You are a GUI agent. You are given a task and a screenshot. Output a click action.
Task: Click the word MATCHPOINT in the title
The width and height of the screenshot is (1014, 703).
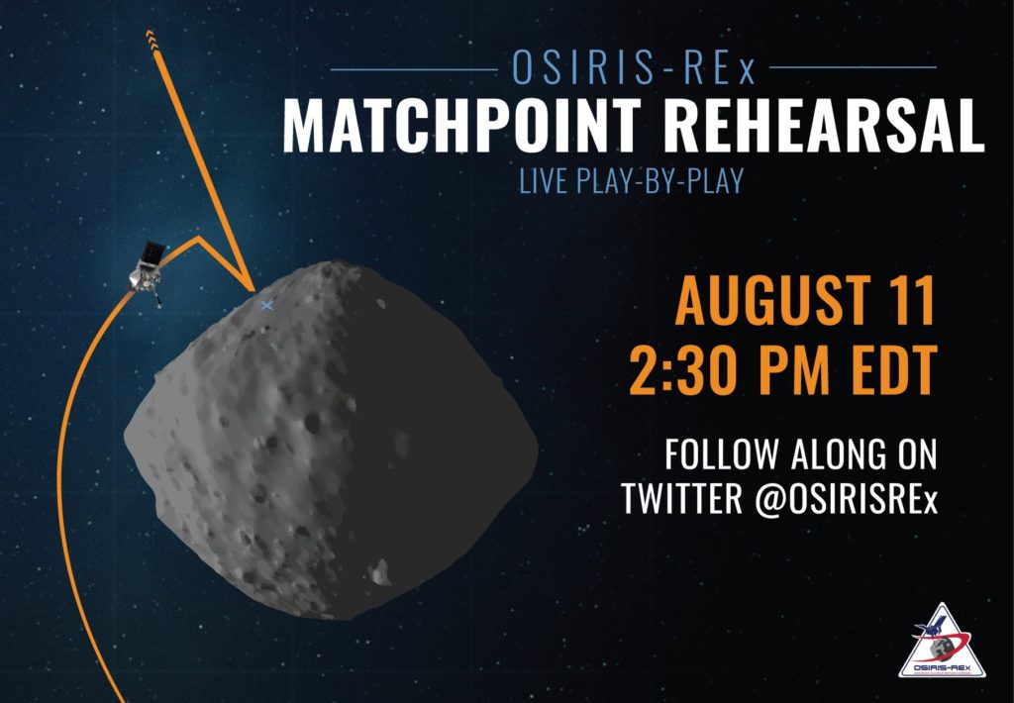pyautogui.click(x=461, y=126)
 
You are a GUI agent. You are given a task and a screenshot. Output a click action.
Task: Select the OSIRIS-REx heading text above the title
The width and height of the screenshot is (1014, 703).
pyautogui.click(x=634, y=67)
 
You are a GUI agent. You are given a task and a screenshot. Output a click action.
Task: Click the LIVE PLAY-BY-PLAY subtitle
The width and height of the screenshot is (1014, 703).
pyautogui.click(x=632, y=181)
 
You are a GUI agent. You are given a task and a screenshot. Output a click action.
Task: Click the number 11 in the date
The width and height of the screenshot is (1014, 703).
pyautogui.click(x=914, y=301)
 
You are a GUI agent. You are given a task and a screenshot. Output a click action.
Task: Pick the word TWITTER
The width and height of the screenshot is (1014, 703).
pyautogui.click(x=682, y=499)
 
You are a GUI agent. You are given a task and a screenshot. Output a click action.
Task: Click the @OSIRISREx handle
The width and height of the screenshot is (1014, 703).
pyautogui.click(x=846, y=499)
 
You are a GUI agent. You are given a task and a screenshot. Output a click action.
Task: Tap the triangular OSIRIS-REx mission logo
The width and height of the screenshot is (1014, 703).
pyautogui.click(x=943, y=642)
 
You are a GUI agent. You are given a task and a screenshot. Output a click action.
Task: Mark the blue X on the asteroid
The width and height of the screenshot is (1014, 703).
pyautogui.click(x=266, y=305)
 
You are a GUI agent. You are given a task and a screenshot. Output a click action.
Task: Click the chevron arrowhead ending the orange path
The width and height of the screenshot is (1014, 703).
pyautogui.click(x=151, y=39)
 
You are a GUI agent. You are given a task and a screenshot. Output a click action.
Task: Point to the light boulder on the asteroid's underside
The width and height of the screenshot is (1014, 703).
pyautogui.click(x=380, y=572)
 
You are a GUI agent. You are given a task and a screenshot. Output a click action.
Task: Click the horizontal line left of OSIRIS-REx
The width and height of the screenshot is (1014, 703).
pyautogui.click(x=414, y=69)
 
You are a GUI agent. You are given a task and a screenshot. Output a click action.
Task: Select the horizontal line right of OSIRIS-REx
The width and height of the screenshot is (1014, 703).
pyautogui.click(x=853, y=66)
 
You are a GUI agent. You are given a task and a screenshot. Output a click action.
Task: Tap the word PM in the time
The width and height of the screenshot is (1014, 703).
pyautogui.click(x=795, y=370)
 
